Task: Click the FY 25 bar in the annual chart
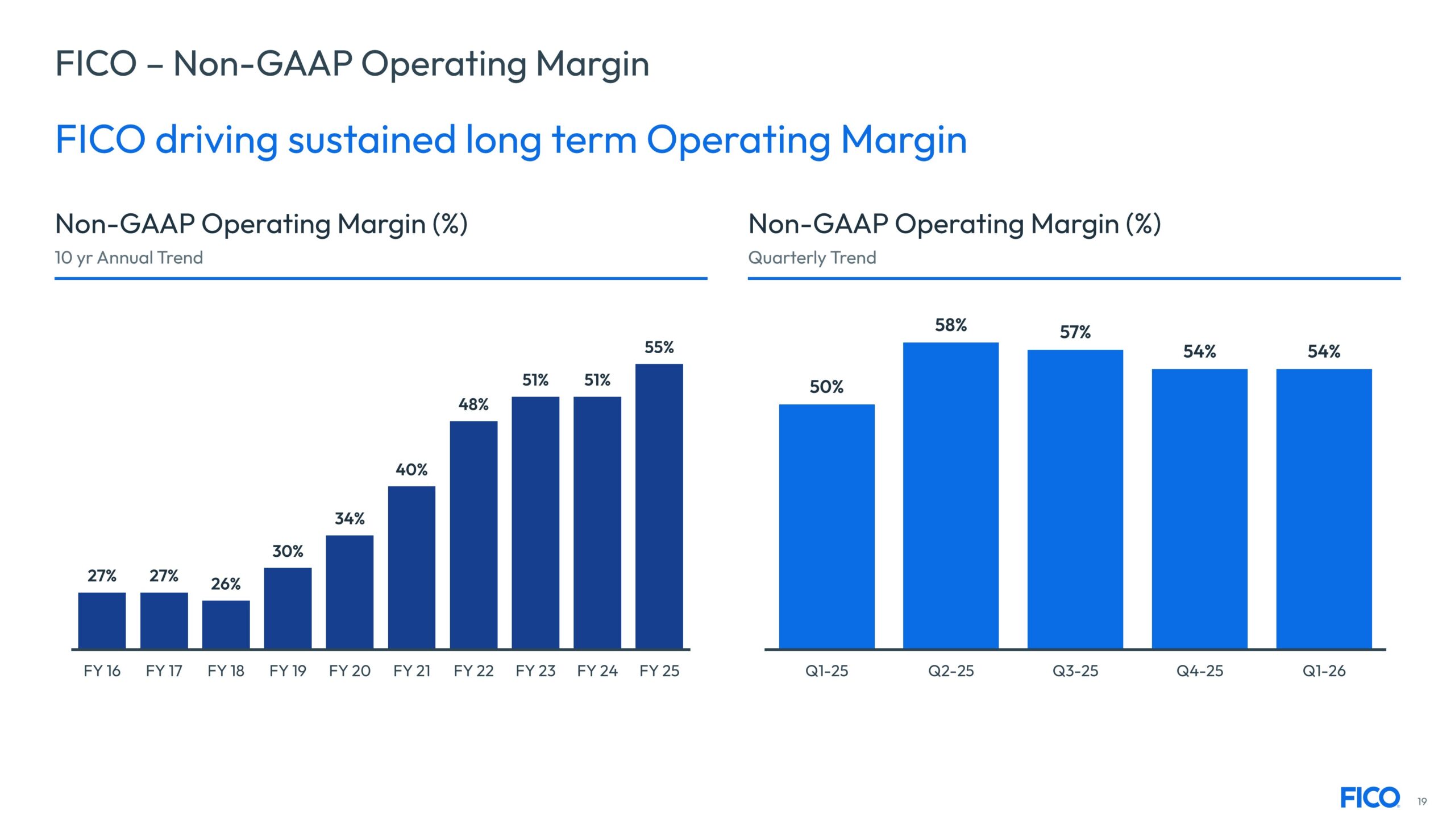pyautogui.click(x=659, y=506)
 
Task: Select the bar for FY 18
pyautogui.click(x=226, y=624)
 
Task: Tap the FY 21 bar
pyautogui.click(x=411, y=567)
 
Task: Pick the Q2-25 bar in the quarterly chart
pyautogui.click(x=950, y=495)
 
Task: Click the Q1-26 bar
pyautogui.click(x=1324, y=508)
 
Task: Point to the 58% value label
pyautogui.click(x=951, y=325)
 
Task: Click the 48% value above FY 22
pyautogui.click(x=473, y=404)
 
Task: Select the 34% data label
pyautogui.click(x=350, y=519)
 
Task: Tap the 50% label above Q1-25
pyautogui.click(x=826, y=387)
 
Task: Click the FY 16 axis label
pyautogui.click(x=102, y=671)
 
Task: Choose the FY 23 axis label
pyautogui.click(x=535, y=671)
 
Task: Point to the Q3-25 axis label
pyautogui.click(x=1075, y=671)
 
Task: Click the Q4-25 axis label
pyautogui.click(x=1200, y=671)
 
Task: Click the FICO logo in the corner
pyautogui.click(x=1370, y=797)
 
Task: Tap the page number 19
pyautogui.click(x=1422, y=801)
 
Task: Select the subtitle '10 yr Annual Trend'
pyautogui.click(x=128, y=258)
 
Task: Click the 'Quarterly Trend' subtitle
pyautogui.click(x=812, y=258)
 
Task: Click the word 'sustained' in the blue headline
pyautogui.click(x=372, y=140)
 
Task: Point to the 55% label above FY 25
pyautogui.click(x=659, y=348)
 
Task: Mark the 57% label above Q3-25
pyautogui.click(x=1075, y=332)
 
